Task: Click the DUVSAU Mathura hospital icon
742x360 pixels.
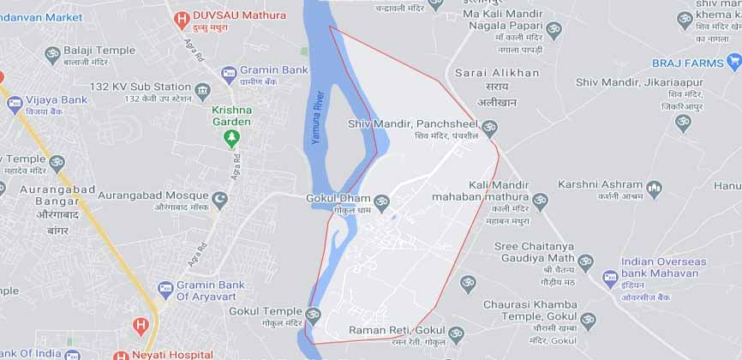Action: click(x=181, y=18)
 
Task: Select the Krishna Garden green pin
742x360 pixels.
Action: click(x=232, y=138)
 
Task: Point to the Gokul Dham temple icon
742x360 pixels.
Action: click(x=381, y=202)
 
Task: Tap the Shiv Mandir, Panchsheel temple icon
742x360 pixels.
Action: click(x=489, y=129)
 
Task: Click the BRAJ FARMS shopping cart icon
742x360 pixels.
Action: click(x=733, y=61)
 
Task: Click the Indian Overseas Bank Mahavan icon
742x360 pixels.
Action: click(x=610, y=277)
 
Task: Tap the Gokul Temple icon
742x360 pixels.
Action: click(x=313, y=315)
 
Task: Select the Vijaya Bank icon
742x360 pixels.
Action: click(x=15, y=105)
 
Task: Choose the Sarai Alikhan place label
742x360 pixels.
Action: click(x=497, y=73)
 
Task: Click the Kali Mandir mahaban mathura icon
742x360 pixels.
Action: click(x=540, y=201)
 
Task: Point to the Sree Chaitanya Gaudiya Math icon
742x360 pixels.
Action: click(x=586, y=262)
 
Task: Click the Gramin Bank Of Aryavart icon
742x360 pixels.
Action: click(x=165, y=290)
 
